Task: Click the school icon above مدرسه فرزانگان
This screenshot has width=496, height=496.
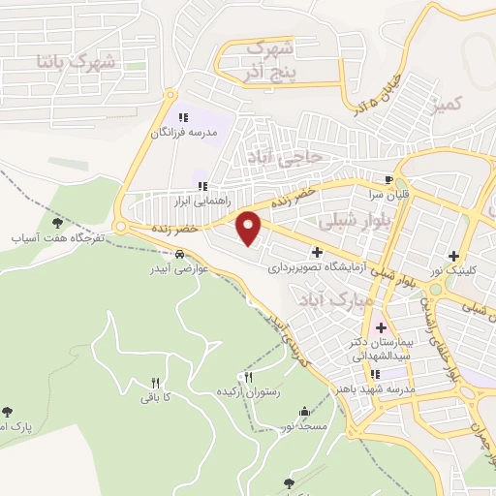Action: coord(183,117)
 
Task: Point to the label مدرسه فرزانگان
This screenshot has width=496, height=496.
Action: coord(183,132)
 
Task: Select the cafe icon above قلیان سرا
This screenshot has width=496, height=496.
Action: coord(389,179)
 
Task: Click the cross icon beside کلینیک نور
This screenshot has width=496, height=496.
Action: coord(452,256)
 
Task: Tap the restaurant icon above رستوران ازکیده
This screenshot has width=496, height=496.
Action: coord(249,378)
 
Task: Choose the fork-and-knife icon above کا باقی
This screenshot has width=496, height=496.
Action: coord(156,382)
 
